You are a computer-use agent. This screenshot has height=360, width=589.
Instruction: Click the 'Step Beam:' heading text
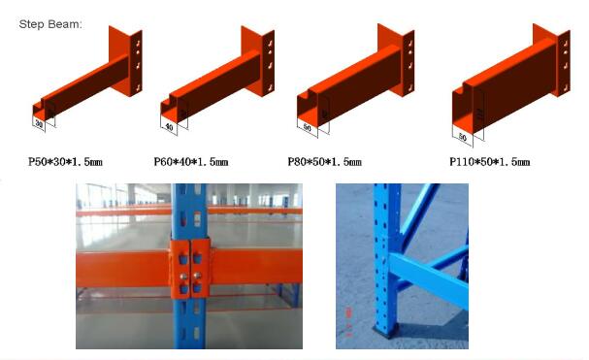tap(50, 22)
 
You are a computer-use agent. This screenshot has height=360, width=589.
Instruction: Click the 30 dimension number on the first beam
tap(40, 123)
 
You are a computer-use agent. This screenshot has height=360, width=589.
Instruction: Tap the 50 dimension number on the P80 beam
tap(309, 127)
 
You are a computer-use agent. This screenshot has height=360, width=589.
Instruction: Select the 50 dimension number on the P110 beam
tap(464, 137)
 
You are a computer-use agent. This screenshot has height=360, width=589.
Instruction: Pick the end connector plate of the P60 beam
tap(272, 64)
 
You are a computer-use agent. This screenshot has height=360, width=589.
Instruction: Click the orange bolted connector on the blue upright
tap(191, 268)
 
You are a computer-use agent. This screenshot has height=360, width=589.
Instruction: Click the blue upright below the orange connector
tap(190, 325)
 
